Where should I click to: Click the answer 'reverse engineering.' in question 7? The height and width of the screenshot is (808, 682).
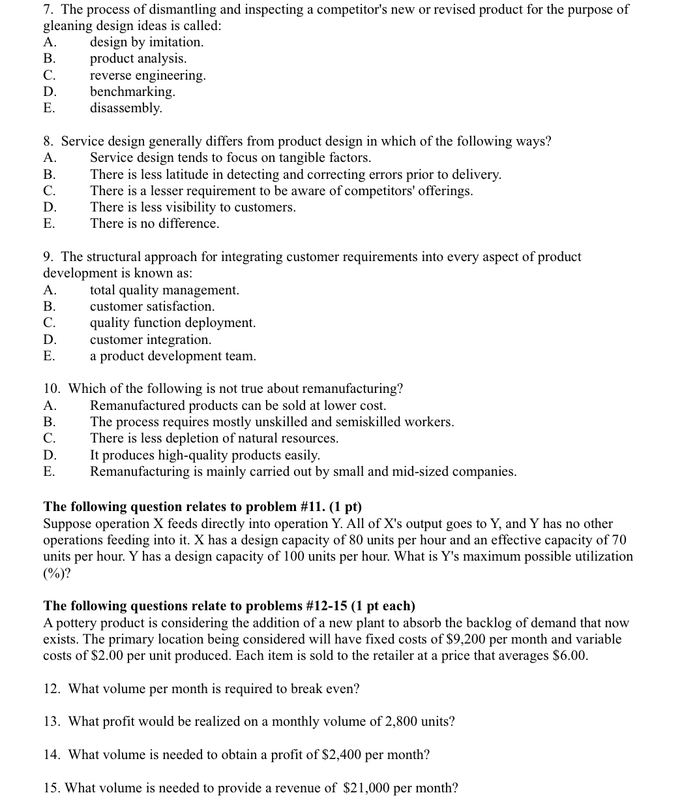pyautogui.click(x=147, y=75)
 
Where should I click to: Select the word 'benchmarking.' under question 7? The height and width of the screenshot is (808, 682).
pyautogui.click(x=132, y=91)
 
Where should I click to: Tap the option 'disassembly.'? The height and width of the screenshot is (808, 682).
pyautogui.click(x=126, y=108)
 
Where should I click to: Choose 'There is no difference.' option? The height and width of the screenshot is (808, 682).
pyautogui.click(x=155, y=224)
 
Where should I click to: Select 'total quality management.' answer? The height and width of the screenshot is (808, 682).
pyautogui.click(x=164, y=290)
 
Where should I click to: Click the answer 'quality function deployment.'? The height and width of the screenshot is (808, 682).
pyautogui.click(x=173, y=323)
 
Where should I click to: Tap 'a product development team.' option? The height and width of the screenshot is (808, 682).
pyautogui.click(x=173, y=356)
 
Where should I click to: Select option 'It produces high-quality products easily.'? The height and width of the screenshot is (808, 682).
pyautogui.click(x=205, y=455)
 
